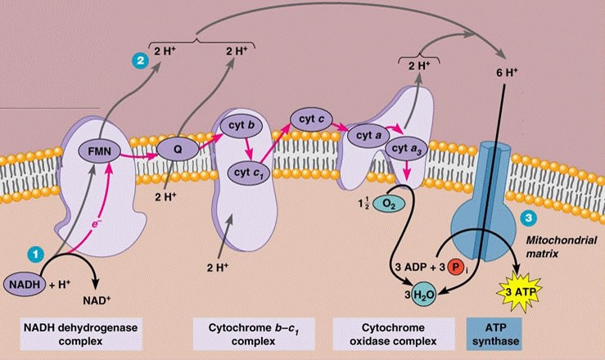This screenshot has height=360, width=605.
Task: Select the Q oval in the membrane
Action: click(x=177, y=151)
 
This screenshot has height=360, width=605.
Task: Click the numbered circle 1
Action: click(x=33, y=254)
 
